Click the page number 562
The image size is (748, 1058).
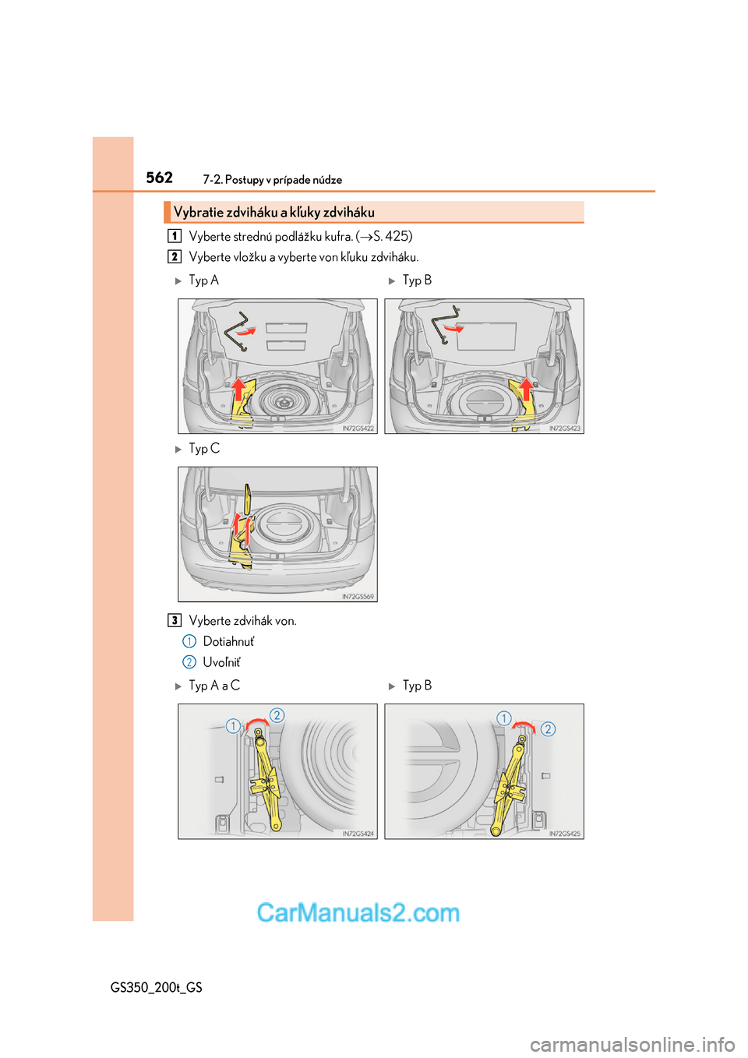[x=159, y=178]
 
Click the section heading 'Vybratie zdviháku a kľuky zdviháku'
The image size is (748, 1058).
[x=274, y=213]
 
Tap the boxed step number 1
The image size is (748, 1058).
[x=175, y=235]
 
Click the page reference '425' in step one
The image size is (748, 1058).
[x=397, y=236]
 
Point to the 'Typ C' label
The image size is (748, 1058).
[x=204, y=448]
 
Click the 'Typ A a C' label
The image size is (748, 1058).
[x=214, y=686]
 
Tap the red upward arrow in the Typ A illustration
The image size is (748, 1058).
[x=239, y=388]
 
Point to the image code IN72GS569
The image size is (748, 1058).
[x=358, y=597]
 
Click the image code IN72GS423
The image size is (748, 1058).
[x=565, y=428]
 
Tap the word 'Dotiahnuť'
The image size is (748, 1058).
[x=228, y=641]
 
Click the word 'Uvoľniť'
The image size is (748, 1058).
[x=221, y=662]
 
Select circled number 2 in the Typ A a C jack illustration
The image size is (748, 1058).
[x=277, y=715]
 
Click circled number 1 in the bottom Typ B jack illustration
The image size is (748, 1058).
[x=504, y=718]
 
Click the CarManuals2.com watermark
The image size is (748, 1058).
[x=358, y=912]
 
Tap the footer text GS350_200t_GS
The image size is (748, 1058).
[x=157, y=988]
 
